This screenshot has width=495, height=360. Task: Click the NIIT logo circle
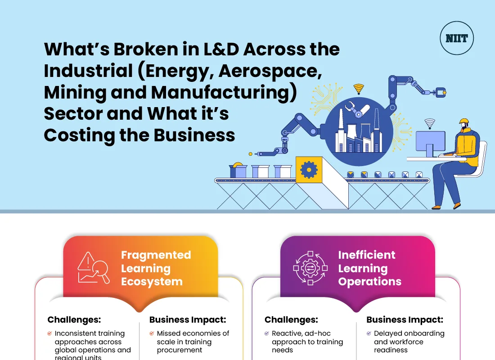(456, 38)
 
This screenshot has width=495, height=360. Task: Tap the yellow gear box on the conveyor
(309, 169)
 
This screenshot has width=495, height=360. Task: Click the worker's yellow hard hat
(464, 122)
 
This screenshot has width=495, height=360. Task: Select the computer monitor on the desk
(430, 141)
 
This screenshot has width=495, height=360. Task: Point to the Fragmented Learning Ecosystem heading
(156, 268)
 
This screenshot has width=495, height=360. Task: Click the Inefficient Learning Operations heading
(369, 268)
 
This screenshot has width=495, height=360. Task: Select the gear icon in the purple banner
(310, 268)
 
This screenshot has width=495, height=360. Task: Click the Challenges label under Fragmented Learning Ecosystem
(74, 320)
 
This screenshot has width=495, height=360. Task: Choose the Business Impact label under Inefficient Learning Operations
(405, 320)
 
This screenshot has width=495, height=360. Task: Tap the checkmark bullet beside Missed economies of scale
(152, 334)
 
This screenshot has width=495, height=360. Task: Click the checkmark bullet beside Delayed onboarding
(369, 334)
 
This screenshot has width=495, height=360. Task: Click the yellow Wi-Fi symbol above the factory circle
(358, 88)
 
